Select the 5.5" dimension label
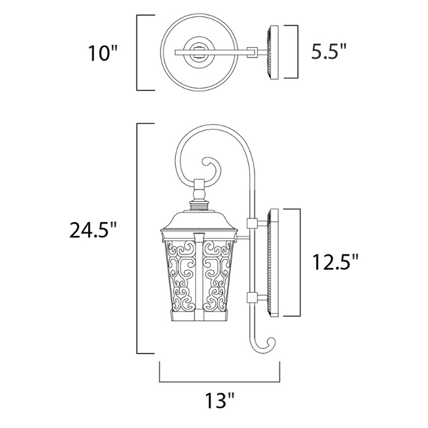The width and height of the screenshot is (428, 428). coord(329,52)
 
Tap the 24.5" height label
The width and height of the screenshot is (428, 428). coord(92,231)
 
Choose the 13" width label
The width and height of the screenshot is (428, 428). coord(218,400)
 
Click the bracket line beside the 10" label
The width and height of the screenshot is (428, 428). coord(137,53)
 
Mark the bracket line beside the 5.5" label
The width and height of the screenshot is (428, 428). coord(298,52)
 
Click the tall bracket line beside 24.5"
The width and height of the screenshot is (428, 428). coord(137,238)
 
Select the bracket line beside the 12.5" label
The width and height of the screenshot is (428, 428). coord(301,262)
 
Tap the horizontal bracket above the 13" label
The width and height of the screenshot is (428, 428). coord(220,379)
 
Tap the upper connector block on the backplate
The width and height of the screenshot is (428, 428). coord(251,223)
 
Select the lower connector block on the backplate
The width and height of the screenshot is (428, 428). coord(251,298)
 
